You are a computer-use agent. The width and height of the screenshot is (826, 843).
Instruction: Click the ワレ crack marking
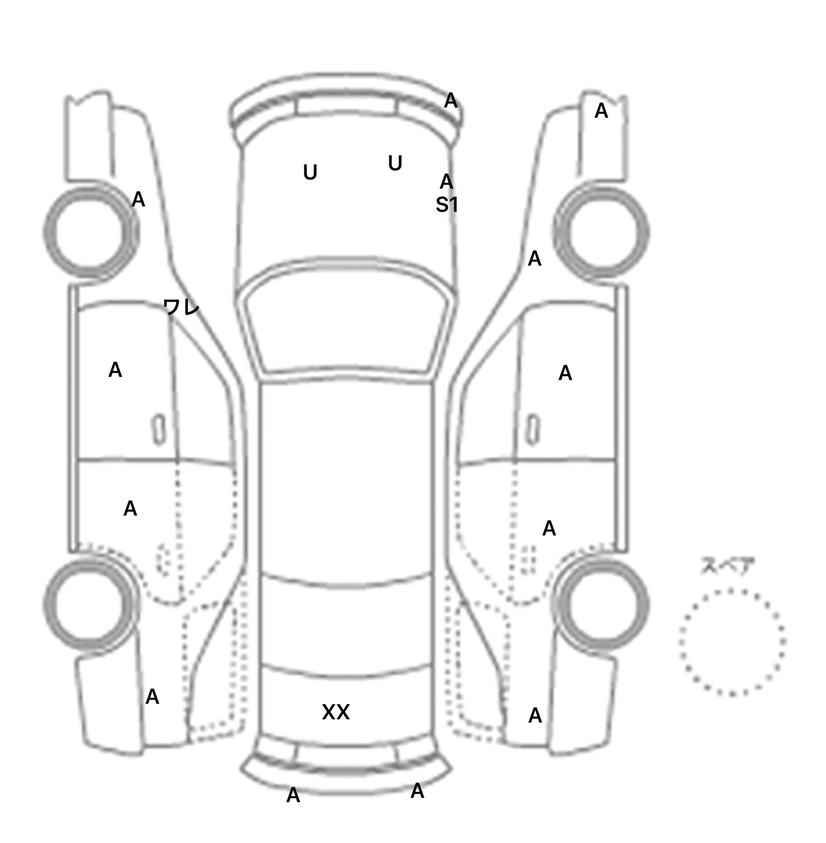coord(181,308)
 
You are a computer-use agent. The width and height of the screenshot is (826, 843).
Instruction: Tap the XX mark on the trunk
coord(336,712)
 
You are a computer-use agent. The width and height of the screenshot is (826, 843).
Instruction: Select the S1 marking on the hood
coord(447,205)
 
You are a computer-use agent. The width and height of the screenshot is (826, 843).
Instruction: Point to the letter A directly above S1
coord(446,182)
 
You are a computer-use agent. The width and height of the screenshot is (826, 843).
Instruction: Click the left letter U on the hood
coord(310,173)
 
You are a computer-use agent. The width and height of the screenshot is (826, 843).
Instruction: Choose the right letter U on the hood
coord(395,163)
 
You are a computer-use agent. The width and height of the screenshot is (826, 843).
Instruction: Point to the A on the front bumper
coord(451,101)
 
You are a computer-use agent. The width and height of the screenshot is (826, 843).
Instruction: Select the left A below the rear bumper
coord(293,795)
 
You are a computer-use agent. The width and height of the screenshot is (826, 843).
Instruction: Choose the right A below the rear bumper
coord(417,791)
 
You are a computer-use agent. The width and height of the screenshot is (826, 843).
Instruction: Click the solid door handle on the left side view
coord(159,430)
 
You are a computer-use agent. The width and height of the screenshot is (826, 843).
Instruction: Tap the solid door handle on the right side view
coord(533,430)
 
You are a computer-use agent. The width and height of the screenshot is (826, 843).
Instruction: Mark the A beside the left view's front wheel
coord(138,199)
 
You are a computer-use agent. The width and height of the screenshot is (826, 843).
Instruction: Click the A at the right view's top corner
coord(601,111)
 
